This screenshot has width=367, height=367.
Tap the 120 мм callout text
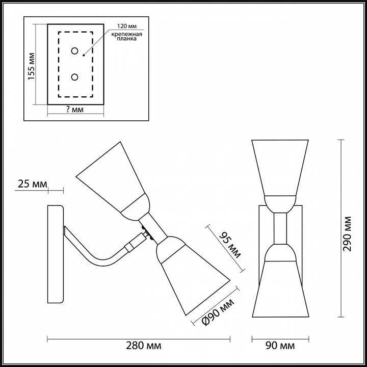125,25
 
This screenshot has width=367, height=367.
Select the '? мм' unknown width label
75,110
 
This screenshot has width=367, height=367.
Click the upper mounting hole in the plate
75,51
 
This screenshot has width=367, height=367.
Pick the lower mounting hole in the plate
75,77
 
